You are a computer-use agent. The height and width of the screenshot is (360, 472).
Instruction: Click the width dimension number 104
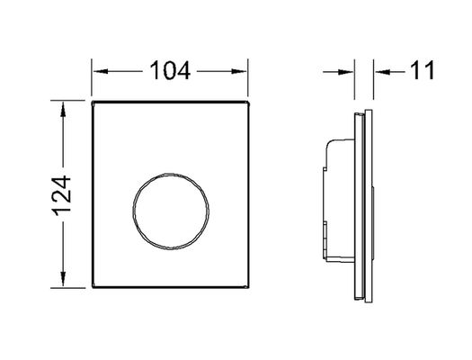tap(170, 70)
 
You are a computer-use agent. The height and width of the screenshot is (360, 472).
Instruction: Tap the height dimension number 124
tap(63, 195)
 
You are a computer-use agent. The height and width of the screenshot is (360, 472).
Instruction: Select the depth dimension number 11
tap(423, 70)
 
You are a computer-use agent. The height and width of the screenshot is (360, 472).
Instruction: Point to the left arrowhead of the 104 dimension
tap(101, 71)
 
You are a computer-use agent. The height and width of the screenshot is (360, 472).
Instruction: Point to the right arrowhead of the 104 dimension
tap(239, 71)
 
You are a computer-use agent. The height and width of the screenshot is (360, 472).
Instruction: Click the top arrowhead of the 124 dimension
tap(63, 110)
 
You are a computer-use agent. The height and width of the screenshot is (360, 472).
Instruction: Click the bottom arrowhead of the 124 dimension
tap(63, 279)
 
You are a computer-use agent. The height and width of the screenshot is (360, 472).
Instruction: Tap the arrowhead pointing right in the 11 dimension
tap(345, 72)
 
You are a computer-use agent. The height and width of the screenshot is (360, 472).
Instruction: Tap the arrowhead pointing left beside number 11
tap(383, 72)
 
